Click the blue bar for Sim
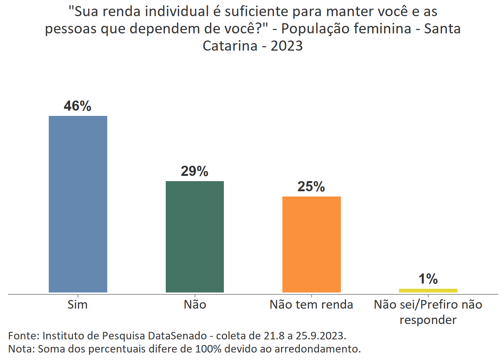point(78,204)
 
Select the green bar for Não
point(195,237)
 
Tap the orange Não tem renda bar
point(311,244)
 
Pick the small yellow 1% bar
point(428,290)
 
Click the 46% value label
point(78,106)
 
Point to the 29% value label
point(195,171)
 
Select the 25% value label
point(311,187)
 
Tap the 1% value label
point(428,279)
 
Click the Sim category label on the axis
point(78,304)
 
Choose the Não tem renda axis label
point(311,304)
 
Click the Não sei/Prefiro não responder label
point(428,312)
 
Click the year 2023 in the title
point(286,46)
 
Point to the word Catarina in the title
point(230,46)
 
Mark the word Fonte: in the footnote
point(24,336)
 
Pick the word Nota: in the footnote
point(21,349)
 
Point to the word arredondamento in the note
point(317,349)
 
